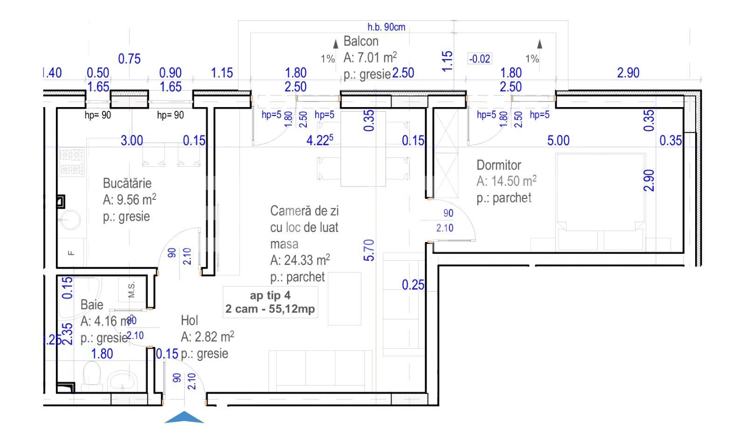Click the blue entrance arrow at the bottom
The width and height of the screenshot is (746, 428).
point(184,418)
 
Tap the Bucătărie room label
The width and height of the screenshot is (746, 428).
point(127,183)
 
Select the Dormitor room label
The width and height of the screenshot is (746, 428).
point(498,165)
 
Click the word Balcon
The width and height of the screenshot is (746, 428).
point(361,41)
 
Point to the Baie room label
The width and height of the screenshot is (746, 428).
point(92,305)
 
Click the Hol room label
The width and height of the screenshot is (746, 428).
point(189,320)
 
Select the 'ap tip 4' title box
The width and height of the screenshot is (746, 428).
point(270,302)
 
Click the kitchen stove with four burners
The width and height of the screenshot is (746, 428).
point(71,161)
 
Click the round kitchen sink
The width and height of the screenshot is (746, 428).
point(69,219)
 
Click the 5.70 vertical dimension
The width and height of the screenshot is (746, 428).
point(369,250)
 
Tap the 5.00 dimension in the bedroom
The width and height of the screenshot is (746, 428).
point(558,140)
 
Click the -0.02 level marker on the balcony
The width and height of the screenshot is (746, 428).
point(479,59)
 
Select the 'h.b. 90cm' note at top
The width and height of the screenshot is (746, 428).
point(386,27)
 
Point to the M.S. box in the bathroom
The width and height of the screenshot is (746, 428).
point(131,290)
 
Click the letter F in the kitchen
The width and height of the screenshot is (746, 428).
point(71,253)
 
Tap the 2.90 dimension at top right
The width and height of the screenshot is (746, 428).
point(628,73)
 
